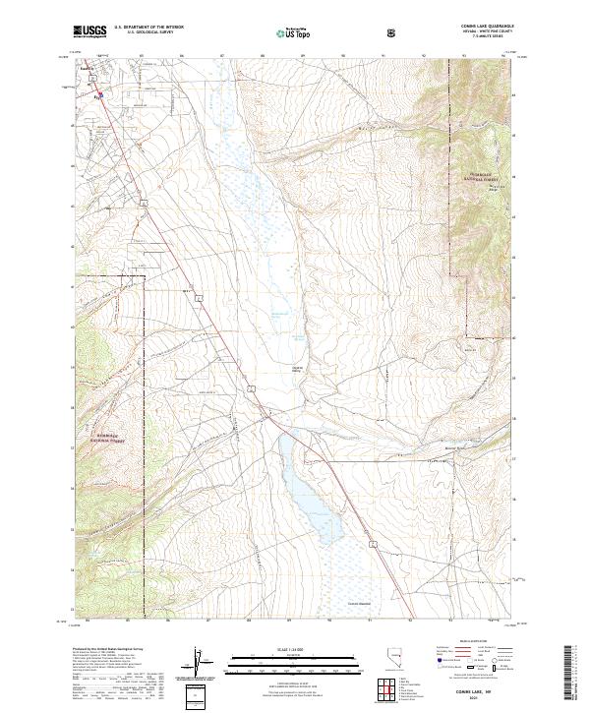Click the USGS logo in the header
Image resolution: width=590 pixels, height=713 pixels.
(89, 32)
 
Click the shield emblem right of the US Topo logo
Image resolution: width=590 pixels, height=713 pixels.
(394, 32)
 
